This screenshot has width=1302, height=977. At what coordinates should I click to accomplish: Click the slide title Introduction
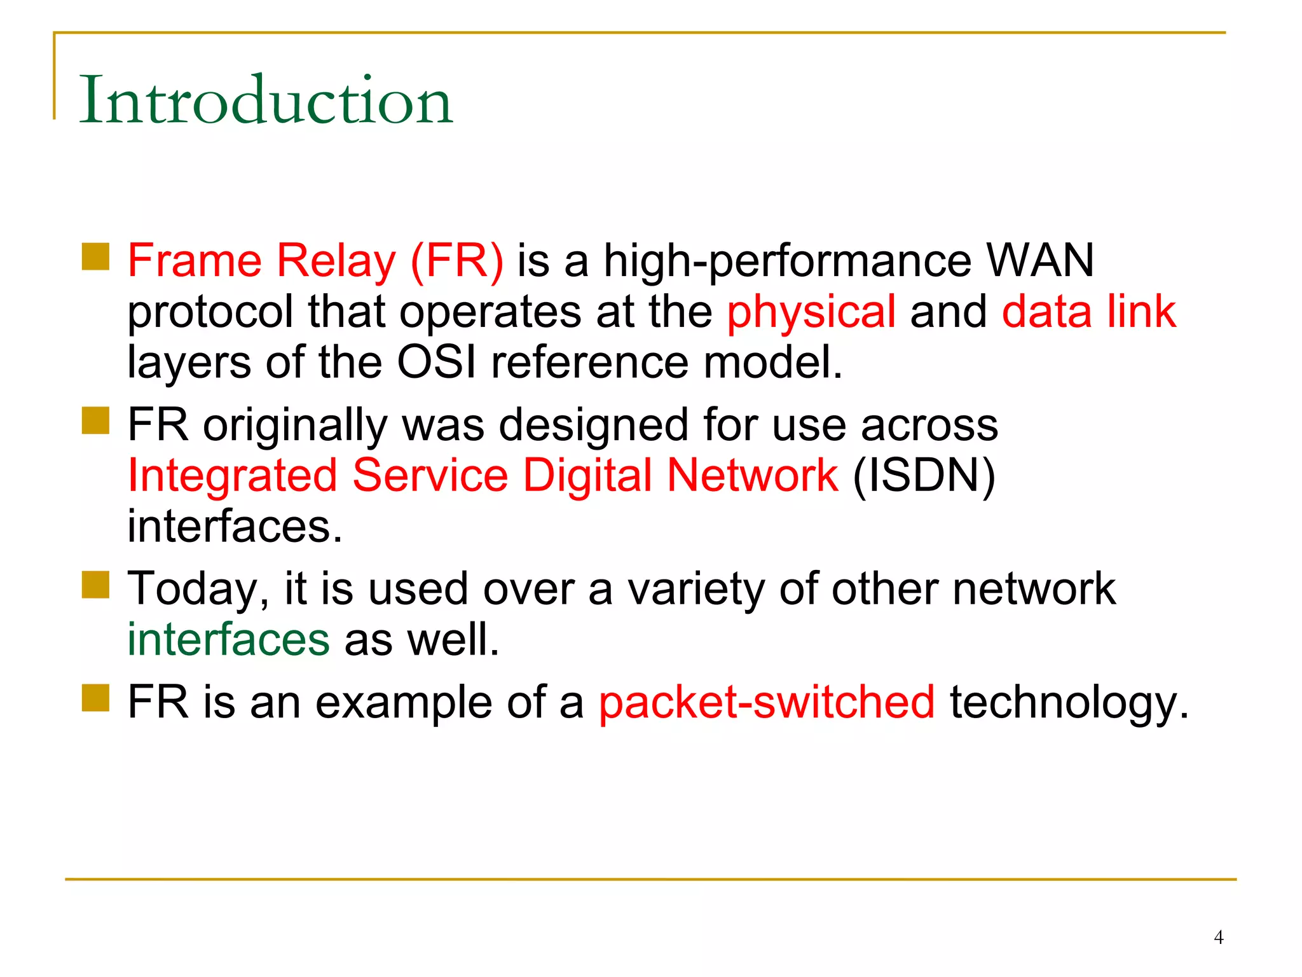(x=266, y=100)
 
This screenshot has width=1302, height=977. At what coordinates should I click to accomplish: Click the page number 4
(x=1218, y=937)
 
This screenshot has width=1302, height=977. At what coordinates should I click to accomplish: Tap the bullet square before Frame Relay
(x=96, y=256)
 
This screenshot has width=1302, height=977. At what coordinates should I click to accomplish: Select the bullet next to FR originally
(x=96, y=420)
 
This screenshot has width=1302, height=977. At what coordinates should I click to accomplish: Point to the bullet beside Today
(x=96, y=585)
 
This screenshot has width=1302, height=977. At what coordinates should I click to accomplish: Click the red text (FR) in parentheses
(x=456, y=261)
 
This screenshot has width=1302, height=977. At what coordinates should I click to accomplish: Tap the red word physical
(x=811, y=312)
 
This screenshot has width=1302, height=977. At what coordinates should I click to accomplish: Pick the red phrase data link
(x=1088, y=312)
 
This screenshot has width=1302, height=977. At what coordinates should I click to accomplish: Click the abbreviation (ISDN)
(x=924, y=476)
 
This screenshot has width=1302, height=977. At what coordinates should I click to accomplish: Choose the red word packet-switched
(x=767, y=702)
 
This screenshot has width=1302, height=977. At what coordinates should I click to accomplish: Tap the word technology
(x=1069, y=703)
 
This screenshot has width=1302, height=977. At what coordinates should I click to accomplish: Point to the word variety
(x=696, y=590)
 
